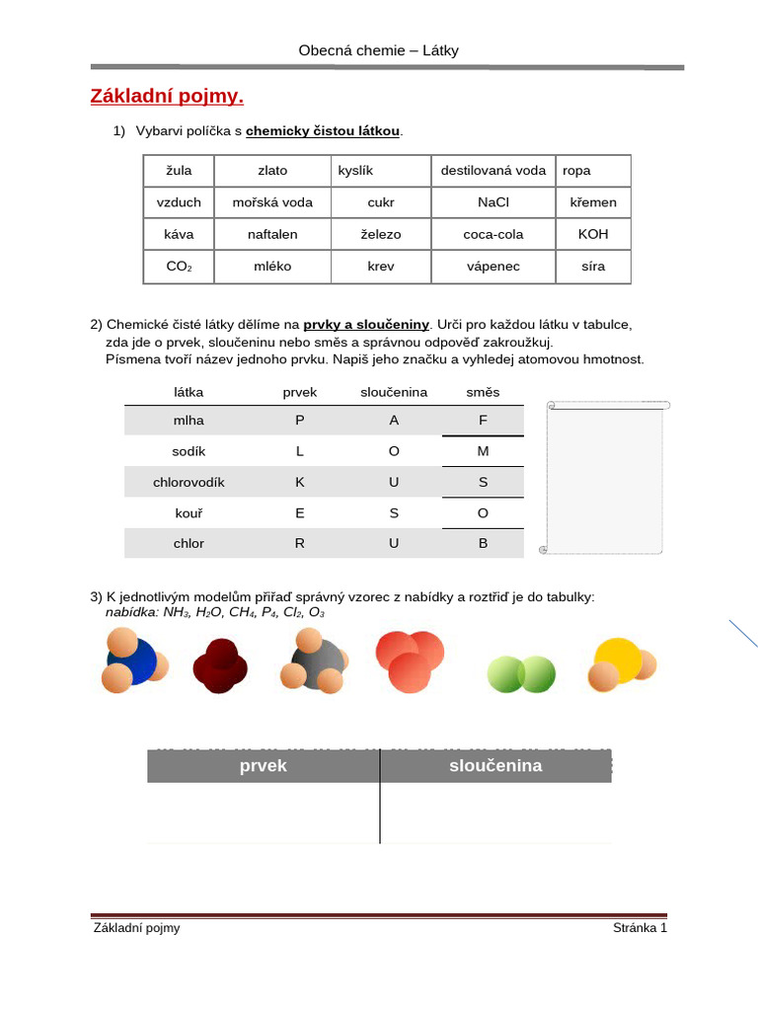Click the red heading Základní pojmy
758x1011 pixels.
(167, 97)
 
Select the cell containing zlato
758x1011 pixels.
(272, 171)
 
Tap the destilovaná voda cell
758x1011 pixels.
(493, 171)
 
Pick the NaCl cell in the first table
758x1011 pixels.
(493, 202)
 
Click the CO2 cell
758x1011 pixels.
(179, 267)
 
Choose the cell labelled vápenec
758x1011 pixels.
(493, 267)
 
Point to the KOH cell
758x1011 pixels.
(593, 234)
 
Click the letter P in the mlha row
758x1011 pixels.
(300, 420)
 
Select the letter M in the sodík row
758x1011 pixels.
(483, 451)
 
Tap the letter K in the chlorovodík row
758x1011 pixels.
(300, 483)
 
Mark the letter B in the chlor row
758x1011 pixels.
(483, 543)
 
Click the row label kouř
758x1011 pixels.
(189, 513)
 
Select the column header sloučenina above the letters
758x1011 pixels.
(394, 392)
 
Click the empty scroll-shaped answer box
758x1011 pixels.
(604, 479)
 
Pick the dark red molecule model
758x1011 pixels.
(222, 663)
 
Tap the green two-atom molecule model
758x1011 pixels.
(521, 673)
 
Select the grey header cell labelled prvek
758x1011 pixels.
(264, 766)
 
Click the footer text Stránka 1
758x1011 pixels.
(640, 928)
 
